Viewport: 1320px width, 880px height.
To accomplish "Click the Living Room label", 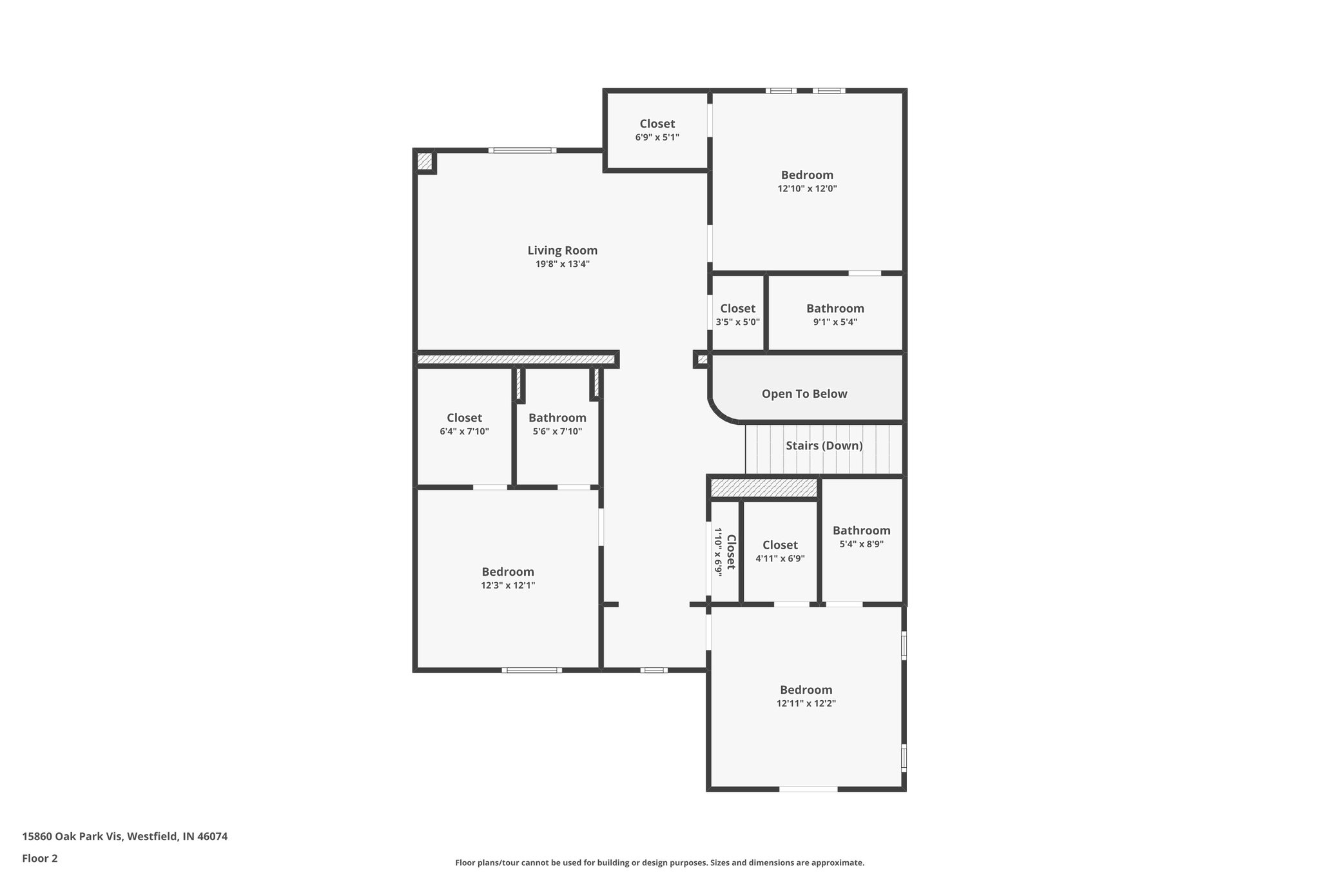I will [x=562, y=250].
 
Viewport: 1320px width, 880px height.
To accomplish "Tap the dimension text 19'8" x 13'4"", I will [x=562, y=264].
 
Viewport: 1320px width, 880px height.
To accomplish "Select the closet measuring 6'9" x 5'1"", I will [x=657, y=130].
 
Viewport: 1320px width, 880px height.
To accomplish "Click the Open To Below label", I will [x=804, y=394].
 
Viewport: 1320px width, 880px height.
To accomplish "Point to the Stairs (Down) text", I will [x=824, y=445].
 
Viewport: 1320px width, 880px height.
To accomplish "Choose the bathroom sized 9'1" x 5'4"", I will [x=835, y=315].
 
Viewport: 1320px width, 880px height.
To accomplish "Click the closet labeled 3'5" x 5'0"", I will [x=737, y=315].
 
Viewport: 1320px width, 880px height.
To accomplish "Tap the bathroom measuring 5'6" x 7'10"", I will [x=557, y=424].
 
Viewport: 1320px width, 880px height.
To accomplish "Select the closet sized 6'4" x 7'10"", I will [x=464, y=424].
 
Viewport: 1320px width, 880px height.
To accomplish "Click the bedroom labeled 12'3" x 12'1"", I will [x=508, y=578].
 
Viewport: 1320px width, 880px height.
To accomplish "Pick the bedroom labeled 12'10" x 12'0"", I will [x=807, y=181].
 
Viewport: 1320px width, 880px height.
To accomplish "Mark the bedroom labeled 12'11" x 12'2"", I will [x=806, y=696].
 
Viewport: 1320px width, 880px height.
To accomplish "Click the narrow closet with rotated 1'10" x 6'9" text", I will [x=724, y=552].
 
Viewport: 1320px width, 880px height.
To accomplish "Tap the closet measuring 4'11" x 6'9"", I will [x=780, y=551].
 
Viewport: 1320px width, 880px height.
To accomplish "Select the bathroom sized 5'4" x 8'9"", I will [x=861, y=536].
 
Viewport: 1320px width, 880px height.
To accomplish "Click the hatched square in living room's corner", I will [x=424, y=161].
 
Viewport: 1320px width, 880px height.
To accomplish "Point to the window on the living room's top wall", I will [x=522, y=151].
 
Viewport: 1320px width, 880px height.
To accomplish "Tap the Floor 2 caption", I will [x=40, y=858].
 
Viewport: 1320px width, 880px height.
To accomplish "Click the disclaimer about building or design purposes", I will [x=659, y=863].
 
